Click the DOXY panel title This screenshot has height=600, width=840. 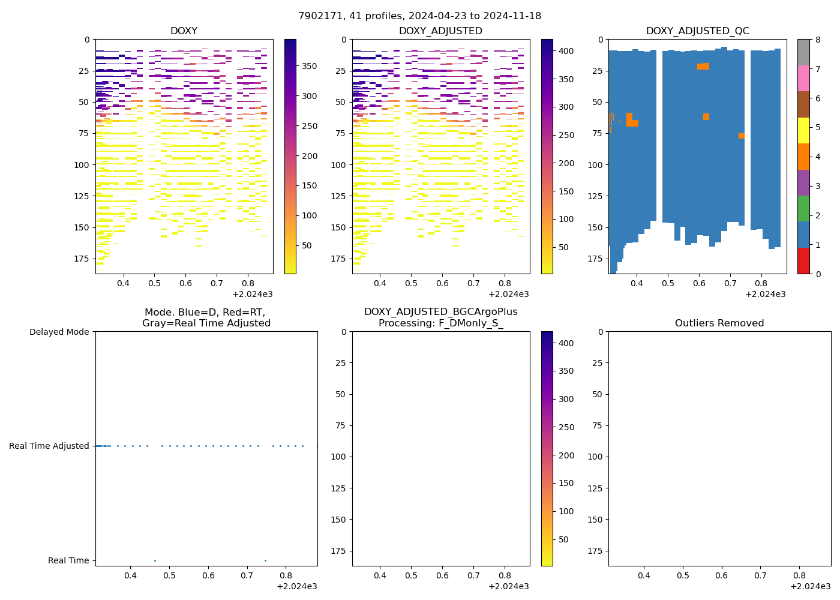click(x=184, y=31)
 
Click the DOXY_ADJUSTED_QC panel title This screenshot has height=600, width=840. click(x=697, y=31)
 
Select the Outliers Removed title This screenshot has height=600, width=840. click(x=719, y=323)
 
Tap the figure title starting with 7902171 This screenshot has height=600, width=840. click(x=419, y=16)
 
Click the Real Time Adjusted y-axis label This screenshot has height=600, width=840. click(x=49, y=446)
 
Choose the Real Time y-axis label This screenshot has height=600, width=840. click(x=68, y=560)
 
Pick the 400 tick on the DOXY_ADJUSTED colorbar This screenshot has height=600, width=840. click(x=566, y=51)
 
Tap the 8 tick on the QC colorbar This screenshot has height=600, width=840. click(x=817, y=40)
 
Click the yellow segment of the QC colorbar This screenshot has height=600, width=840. click(x=803, y=130)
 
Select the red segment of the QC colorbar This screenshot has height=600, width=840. click(x=803, y=261)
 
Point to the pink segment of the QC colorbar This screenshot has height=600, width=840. click(x=803, y=78)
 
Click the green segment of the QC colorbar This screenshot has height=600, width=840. click(x=803, y=208)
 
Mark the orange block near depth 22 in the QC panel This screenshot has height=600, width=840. click(x=703, y=67)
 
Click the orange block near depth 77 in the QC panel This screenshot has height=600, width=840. click(x=742, y=136)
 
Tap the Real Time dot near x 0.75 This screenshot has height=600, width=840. click(x=265, y=560)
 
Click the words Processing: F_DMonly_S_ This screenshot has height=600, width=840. click(x=440, y=323)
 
